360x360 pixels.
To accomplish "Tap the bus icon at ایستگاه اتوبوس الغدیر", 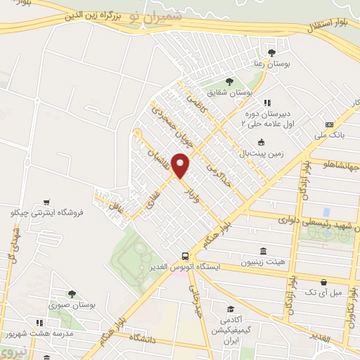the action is coord(184,257).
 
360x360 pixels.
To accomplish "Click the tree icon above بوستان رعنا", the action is coord(272,52).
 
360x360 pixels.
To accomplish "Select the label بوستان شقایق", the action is coord(232,91).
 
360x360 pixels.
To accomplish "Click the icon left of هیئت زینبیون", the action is coord(263,252).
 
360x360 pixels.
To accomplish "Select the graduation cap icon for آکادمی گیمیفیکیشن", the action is coord(230,309).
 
